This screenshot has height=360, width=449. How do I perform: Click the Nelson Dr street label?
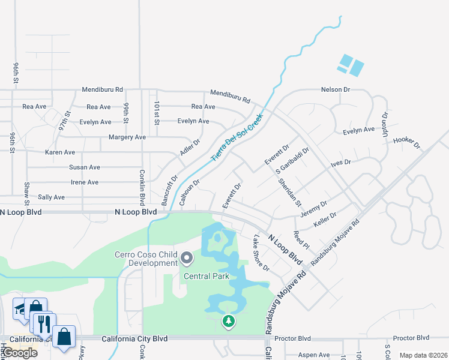coord(335,89)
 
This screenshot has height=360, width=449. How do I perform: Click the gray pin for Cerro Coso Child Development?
coord(187,259)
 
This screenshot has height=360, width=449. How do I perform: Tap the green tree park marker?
coord(228,322)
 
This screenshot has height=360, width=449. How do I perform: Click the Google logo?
coord(19,353)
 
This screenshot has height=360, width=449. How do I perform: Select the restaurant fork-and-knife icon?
coord(42,325)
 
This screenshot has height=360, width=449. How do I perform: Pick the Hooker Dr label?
coord(406,142)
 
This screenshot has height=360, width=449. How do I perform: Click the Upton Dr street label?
coord(385,124)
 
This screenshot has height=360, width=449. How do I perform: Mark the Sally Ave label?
coord(51,197)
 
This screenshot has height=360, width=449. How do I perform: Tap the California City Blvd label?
coord(134,339)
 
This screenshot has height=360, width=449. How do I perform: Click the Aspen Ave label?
coord(314,355)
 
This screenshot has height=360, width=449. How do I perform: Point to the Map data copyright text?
coord(423,355)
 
